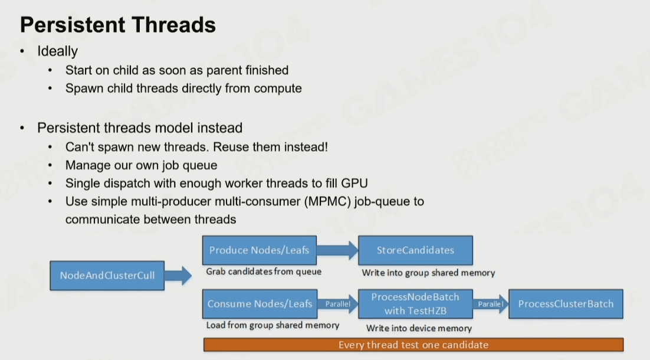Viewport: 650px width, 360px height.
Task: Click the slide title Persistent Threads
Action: [118, 25]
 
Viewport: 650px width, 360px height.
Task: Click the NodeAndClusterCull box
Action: [107, 276]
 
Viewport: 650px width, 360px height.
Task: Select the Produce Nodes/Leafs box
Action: [260, 250]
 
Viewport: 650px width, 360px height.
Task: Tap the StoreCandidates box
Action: [415, 250]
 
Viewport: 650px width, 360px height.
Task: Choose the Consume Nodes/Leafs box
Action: [260, 304]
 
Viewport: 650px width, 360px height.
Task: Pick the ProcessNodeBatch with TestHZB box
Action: [415, 304]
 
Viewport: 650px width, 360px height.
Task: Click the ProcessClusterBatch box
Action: [566, 304]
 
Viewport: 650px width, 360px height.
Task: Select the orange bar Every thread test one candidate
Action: [413, 345]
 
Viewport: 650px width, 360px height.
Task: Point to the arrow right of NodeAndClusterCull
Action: [178, 275]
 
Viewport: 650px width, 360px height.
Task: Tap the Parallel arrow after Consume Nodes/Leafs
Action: [337, 304]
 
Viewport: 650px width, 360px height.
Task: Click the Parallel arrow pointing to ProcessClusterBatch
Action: [490, 304]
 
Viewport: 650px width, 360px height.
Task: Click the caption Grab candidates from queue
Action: [264, 272]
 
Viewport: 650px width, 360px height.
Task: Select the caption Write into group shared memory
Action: [428, 273]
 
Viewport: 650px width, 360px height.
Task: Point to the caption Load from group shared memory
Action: [273, 325]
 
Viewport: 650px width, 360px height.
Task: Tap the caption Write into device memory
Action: [419, 328]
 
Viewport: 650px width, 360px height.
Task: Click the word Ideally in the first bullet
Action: [57, 51]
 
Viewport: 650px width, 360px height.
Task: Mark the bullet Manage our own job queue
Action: [141, 165]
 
